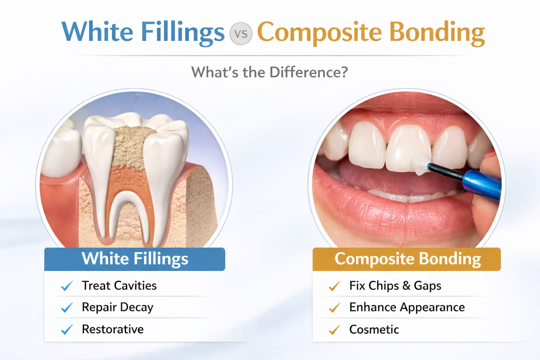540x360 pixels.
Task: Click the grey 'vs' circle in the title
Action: (240, 33)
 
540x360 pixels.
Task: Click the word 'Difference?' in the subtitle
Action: (309, 72)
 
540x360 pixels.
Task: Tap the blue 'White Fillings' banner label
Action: (135, 258)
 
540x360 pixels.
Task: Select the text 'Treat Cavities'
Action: (119, 285)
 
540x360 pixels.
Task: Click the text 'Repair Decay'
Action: (117, 307)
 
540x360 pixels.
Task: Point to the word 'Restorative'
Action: (112, 329)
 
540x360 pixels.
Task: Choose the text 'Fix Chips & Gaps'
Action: (395, 286)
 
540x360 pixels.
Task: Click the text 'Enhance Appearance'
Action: (407, 307)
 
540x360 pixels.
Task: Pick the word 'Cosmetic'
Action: (374, 329)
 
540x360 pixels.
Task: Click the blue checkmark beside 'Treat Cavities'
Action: (67, 286)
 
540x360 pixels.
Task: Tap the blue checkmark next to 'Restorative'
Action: (67, 329)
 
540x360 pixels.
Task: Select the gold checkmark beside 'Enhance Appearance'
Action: (334, 308)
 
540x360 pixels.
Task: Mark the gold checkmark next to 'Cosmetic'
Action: (334, 330)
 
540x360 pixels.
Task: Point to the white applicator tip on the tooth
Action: (420, 164)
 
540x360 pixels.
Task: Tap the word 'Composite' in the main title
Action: (320, 33)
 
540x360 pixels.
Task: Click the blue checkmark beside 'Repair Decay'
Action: (67, 308)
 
